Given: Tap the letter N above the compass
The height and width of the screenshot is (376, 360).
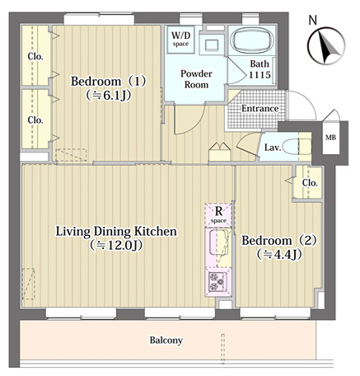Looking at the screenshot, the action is pyautogui.click(x=312, y=21).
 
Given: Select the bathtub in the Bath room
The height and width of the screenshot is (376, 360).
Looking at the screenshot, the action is pyautogui.click(x=252, y=40).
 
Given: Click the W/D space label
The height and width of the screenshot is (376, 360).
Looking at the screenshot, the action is pyautogui.click(x=181, y=39).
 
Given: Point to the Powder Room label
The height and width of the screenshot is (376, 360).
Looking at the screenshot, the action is pyautogui.click(x=196, y=79).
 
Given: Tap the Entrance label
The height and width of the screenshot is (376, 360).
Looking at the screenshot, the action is pyautogui.click(x=259, y=109).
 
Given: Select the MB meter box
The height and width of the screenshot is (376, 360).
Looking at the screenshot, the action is pyautogui.click(x=330, y=138).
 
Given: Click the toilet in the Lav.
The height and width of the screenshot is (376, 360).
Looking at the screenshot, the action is pyautogui.click(x=297, y=146).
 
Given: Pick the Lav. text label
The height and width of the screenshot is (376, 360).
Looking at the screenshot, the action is pyautogui.click(x=273, y=148).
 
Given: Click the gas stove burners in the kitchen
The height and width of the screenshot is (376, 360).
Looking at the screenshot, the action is pyautogui.click(x=217, y=281).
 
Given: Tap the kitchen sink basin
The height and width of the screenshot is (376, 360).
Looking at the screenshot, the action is pyautogui.click(x=218, y=242).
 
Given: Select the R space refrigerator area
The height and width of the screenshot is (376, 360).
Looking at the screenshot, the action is pyautogui.click(x=218, y=214).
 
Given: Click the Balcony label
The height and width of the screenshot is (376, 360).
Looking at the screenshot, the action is pyautogui.click(x=166, y=341).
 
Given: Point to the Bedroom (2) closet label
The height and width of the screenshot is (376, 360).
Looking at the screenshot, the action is pyautogui.click(x=310, y=183).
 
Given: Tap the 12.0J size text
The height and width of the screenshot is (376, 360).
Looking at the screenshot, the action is pyautogui.click(x=116, y=245).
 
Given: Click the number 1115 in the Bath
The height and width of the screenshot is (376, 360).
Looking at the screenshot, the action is pyautogui.click(x=259, y=75).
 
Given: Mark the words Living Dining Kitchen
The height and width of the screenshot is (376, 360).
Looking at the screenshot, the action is pyautogui.click(x=116, y=232).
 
